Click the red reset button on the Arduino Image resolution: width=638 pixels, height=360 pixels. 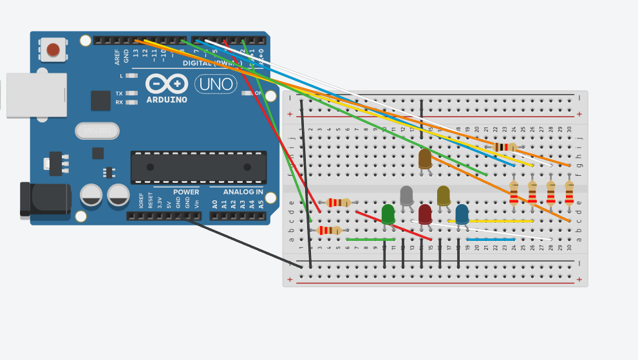point(53,50)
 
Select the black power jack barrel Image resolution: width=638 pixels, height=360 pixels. point(45,198)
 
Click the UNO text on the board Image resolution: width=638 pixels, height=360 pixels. point(215,84)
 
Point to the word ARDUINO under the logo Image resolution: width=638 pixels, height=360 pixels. point(167,100)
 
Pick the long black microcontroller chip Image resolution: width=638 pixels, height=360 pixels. point(198,167)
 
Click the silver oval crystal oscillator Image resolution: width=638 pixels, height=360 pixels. point(97,131)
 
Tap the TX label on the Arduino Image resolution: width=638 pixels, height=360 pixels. point(119,93)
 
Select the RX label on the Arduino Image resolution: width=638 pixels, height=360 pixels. point(119,102)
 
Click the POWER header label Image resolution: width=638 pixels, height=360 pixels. point(186,192)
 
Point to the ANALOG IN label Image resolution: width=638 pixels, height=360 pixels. point(243,192)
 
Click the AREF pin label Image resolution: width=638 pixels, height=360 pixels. point(117,57)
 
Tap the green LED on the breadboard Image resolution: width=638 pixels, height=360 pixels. point(388,214)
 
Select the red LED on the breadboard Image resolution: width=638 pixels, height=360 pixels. point(425,213)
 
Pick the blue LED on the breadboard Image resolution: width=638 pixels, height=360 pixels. point(462,213)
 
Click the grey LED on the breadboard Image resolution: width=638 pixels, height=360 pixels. point(406,195)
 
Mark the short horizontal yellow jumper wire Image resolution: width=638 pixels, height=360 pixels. point(500,221)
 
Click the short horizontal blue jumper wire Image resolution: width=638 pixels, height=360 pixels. point(491,240)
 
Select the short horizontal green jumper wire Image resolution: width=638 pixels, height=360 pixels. point(371,240)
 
